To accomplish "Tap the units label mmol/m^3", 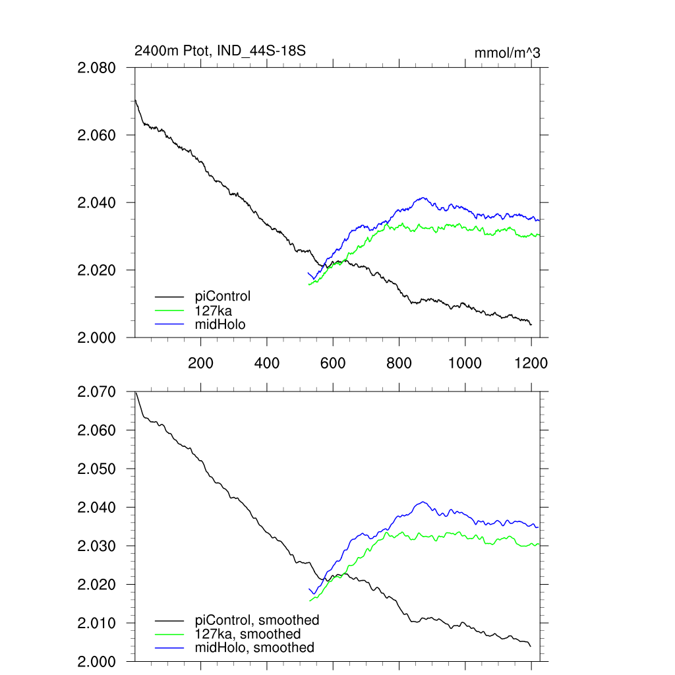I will click(507, 53).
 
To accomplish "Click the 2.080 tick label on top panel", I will click(96, 68).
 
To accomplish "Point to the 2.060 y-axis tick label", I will click(96, 135).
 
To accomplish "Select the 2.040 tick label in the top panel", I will click(96, 203).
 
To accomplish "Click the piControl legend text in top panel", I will click(223, 296).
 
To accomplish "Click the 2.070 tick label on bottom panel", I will click(96, 392).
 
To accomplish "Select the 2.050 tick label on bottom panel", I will click(96, 469).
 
